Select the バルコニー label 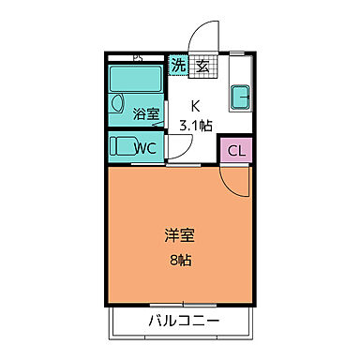pos(184,322)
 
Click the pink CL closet pos(236,151)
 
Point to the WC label pos(144,148)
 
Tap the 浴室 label pos(144,114)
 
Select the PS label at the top pos(137,56)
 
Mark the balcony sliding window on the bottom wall pos(184,306)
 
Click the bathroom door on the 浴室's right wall pos(168,112)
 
